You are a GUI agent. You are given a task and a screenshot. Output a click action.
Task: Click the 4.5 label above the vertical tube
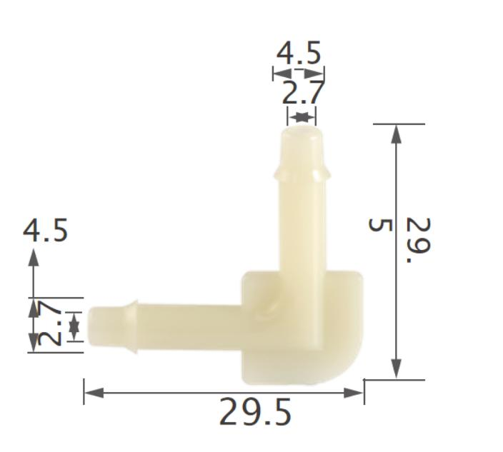click(299, 54)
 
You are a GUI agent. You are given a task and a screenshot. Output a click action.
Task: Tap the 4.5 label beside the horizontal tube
click(45, 231)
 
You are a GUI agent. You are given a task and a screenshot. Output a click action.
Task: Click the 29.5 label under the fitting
click(255, 412)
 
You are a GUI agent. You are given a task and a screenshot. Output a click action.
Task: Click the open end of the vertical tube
click(299, 132)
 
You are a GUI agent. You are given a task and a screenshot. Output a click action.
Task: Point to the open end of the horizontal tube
click(91, 326)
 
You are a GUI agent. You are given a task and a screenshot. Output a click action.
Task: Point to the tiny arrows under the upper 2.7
click(302, 116)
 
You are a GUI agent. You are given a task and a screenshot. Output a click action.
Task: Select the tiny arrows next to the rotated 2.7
click(74, 326)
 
